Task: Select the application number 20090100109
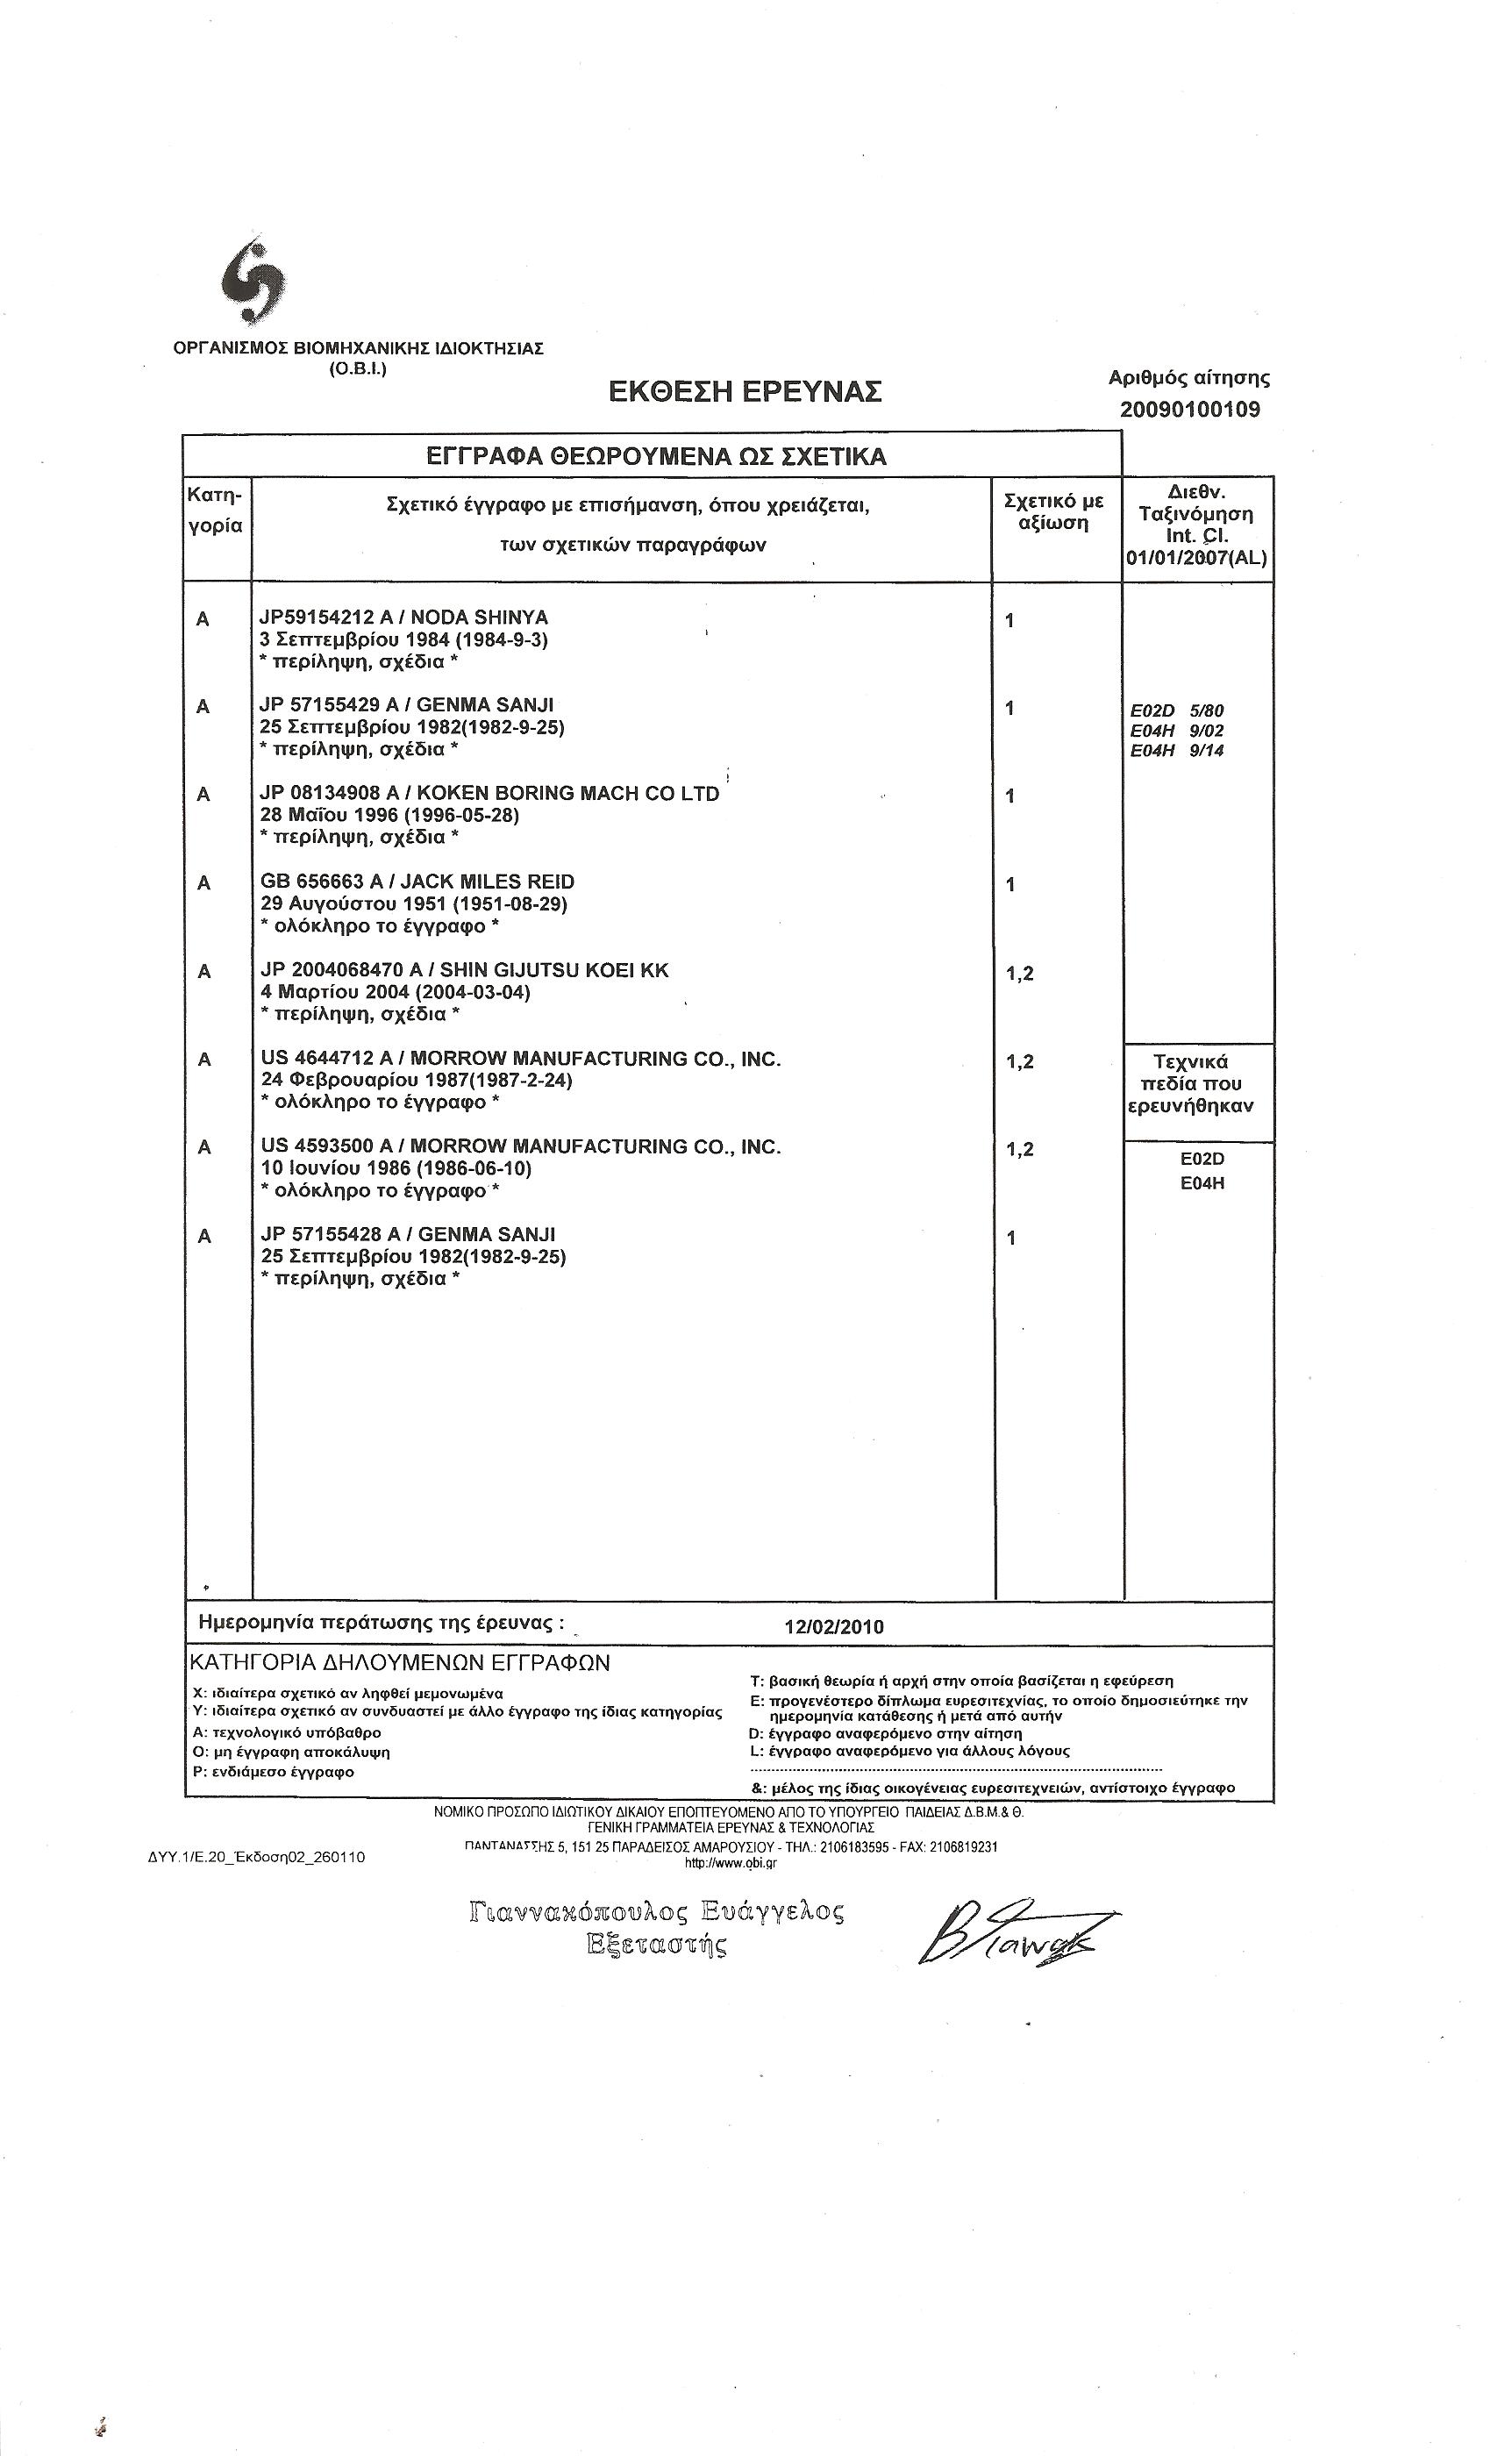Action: click(x=1189, y=409)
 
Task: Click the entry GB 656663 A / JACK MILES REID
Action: click(x=417, y=882)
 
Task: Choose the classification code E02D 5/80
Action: click(x=1176, y=710)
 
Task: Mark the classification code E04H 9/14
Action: click(x=1176, y=751)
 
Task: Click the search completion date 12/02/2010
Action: click(x=833, y=1627)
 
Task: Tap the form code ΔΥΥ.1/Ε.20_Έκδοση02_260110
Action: click(x=256, y=1857)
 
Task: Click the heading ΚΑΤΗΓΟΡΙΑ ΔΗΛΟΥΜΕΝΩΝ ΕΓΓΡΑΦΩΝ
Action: click(x=400, y=1662)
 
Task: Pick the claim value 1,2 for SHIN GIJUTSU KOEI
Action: click(x=1019, y=973)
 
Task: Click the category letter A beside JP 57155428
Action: click(x=204, y=1237)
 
